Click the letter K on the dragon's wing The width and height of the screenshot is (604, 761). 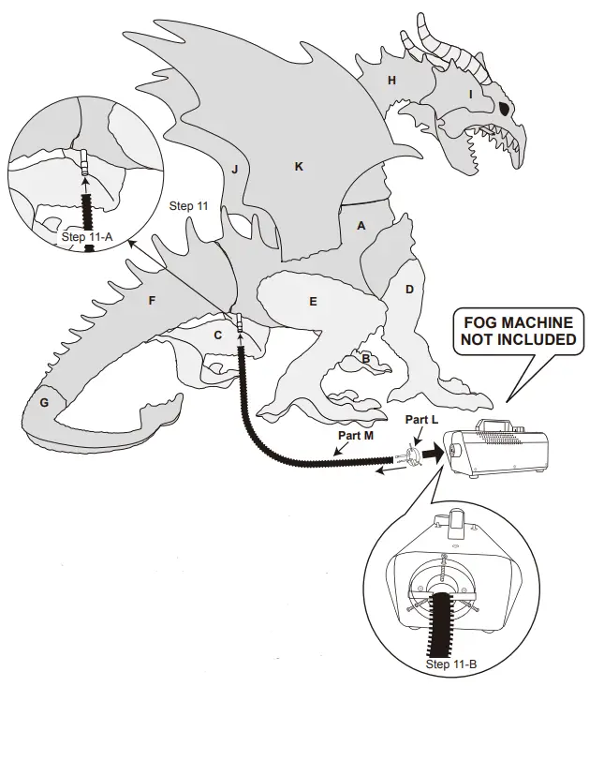click(x=299, y=167)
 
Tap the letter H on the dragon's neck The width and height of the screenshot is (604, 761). click(x=391, y=82)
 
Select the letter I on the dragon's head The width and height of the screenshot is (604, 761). click(x=470, y=94)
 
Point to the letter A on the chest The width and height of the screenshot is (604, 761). click(x=361, y=225)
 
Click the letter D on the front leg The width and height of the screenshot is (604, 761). click(x=409, y=290)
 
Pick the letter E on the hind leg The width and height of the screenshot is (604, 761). click(x=313, y=302)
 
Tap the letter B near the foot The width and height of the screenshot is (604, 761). click(x=364, y=358)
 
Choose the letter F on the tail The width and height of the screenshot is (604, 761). click(x=152, y=302)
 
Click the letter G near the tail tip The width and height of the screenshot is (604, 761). click(x=43, y=401)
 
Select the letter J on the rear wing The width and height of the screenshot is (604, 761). click(x=235, y=170)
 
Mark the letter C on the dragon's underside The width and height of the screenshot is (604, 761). click(x=217, y=335)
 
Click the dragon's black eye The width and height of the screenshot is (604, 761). click(x=506, y=108)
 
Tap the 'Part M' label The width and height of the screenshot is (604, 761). click(x=355, y=436)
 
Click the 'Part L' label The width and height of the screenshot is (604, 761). click(x=422, y=421)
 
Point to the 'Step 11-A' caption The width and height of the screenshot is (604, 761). click(x=87, y=237)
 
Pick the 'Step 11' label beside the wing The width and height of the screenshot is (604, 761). click(x=189, y=205)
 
